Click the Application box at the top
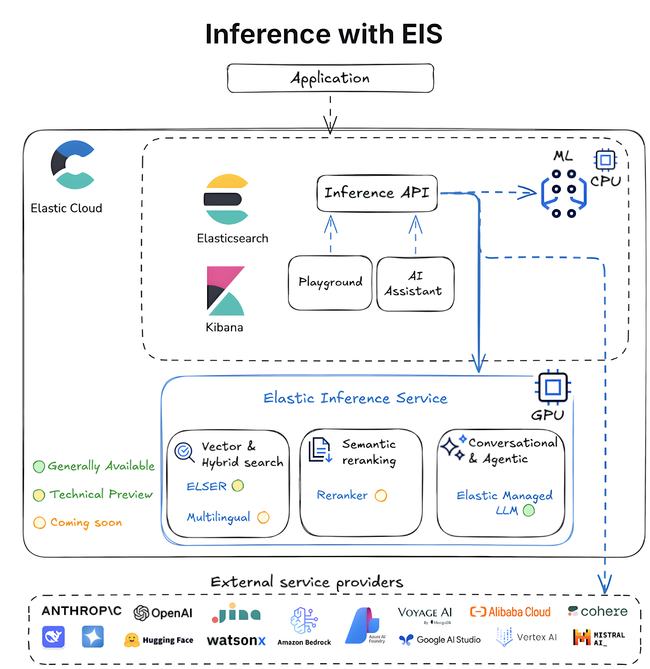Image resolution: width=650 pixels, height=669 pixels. [x=330, y=78]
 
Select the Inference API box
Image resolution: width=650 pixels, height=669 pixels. [x=377, y=193]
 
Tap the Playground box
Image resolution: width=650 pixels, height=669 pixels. [x=330, y=283]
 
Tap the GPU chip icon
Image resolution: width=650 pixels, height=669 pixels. [x=553, y=387]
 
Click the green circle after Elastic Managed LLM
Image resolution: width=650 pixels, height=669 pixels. [x=529, y=511]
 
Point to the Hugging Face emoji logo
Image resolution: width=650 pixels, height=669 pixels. [x=131, y=640]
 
